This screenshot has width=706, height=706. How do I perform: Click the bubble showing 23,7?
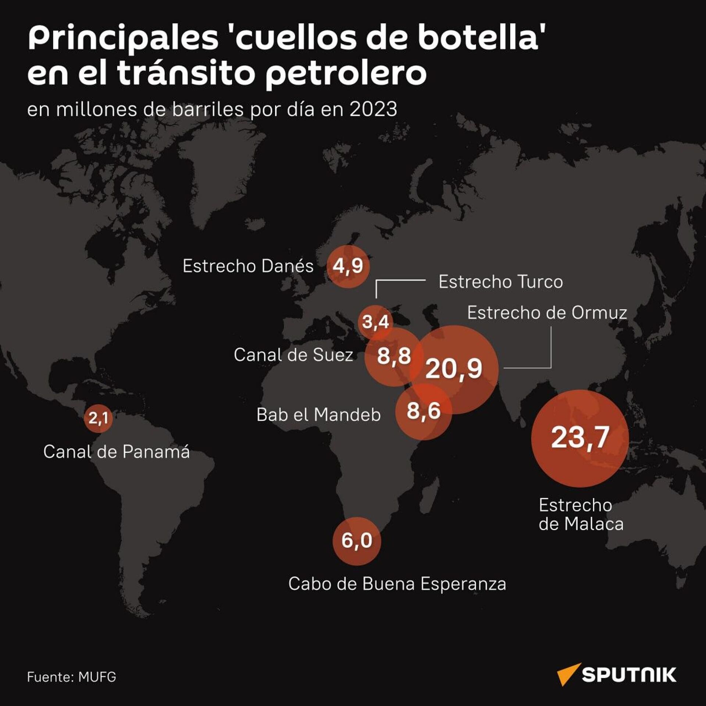580,438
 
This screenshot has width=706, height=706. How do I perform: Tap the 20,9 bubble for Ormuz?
454,369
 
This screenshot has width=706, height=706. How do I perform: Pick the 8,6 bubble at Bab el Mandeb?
424,411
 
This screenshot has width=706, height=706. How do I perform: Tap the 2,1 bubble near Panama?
98,418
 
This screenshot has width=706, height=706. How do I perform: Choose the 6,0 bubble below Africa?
357,541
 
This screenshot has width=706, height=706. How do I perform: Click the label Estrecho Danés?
248,266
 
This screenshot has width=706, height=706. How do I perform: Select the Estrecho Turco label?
500,282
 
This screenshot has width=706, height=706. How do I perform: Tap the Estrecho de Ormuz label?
547,313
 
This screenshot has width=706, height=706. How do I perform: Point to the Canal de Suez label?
293,355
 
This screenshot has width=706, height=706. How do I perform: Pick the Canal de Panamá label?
117,452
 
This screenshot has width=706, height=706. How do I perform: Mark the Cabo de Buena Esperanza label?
397,584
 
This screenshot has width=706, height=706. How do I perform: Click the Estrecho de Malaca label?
581,515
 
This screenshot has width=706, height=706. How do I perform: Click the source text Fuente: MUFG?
72,677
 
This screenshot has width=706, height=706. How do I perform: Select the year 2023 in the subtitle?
373,109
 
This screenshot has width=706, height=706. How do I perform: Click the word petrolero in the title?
346,73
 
